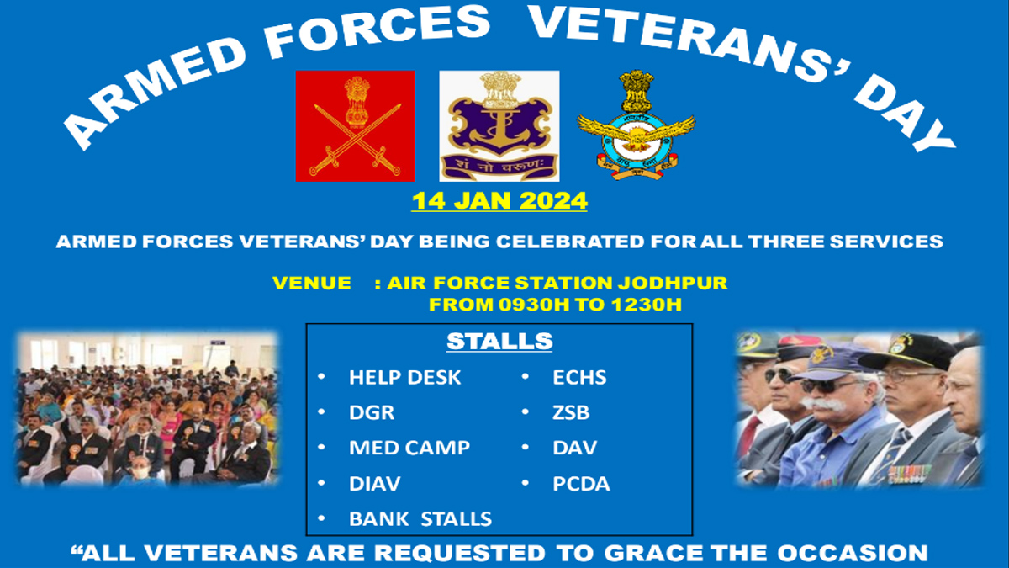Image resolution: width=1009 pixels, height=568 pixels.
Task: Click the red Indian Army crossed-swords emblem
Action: tap(355, 126)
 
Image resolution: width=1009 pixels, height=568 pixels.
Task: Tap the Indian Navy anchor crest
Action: tap(499, 126)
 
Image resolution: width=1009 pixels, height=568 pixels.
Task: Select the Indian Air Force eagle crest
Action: tap(637, 125)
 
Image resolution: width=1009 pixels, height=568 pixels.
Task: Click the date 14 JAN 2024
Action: tap(499, 201)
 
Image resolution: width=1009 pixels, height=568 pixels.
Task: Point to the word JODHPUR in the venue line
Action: tap(673, 283)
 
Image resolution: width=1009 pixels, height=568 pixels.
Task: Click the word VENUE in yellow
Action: tap(312, 283)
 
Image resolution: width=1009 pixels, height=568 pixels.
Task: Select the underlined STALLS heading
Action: tap(499, 342)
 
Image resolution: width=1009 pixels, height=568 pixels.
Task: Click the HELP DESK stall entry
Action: tap(405, 377)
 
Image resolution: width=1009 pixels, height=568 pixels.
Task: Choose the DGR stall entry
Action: tap(372, 412)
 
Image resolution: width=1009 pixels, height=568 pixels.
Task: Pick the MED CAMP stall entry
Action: tap(409, 448)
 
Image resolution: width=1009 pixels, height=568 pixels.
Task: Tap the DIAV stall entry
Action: tap(375, 483)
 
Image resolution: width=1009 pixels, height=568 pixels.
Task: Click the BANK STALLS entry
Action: tap(420, 519)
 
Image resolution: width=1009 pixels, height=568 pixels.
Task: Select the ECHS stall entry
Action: tap(579, 377)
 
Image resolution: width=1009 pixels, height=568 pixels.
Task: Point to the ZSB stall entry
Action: tap(571, 412)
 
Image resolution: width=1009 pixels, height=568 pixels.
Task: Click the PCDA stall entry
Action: tap(581, 483)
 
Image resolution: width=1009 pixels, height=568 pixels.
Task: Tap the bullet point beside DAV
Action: tap(526, 447)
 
